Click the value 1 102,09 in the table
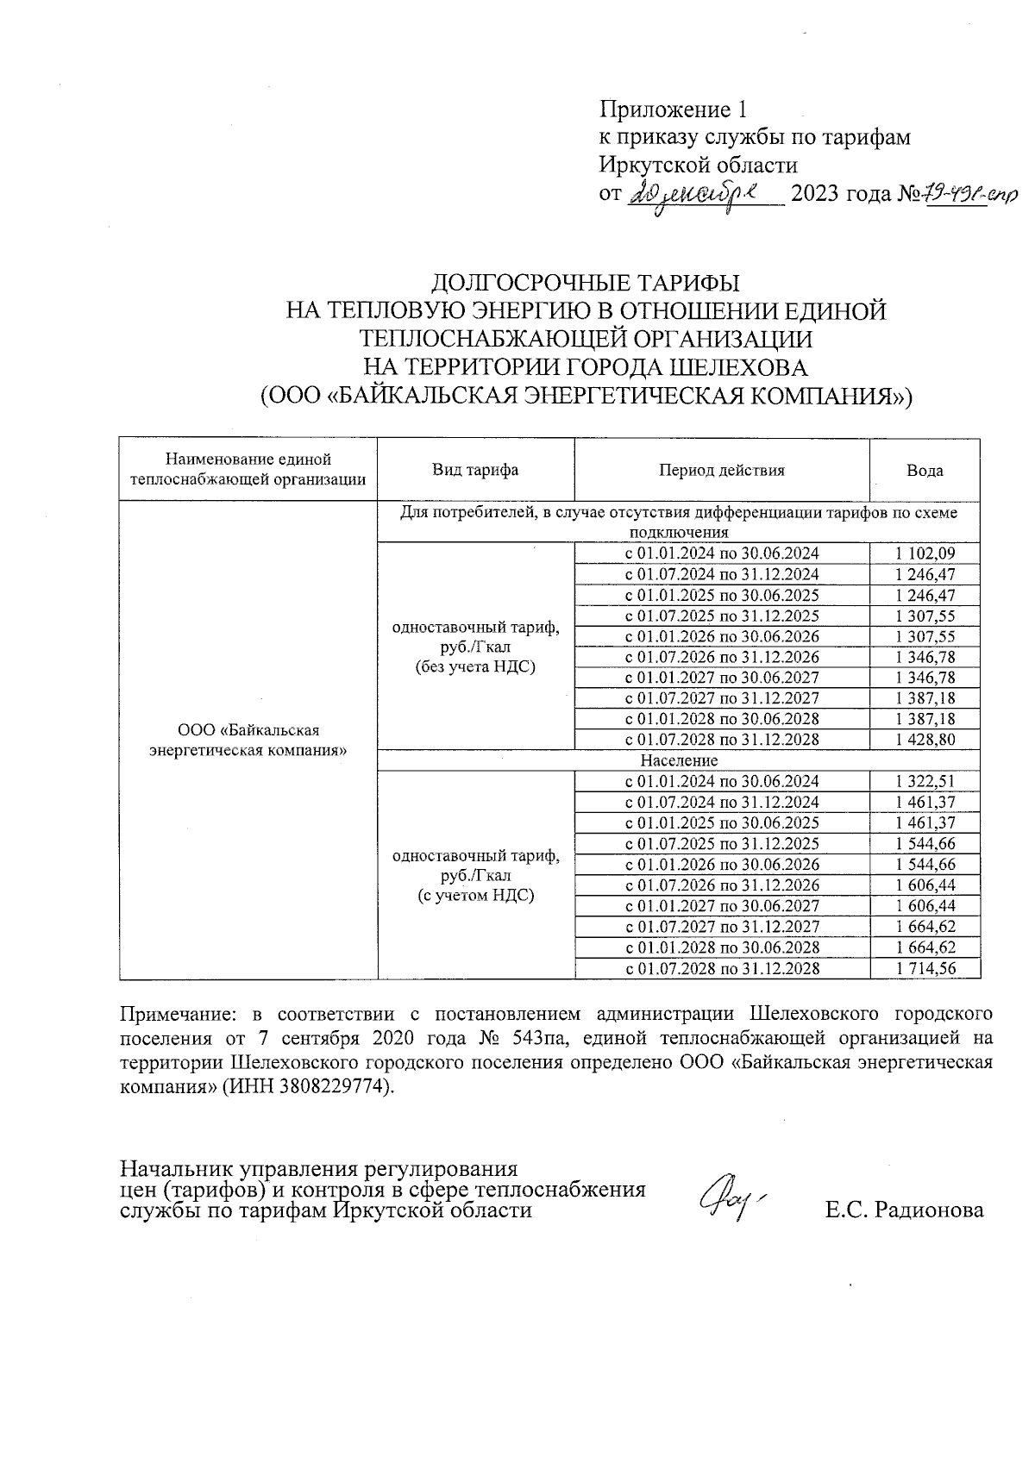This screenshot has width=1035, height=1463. click(925, 553)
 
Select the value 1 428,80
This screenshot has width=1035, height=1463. click(925, 740)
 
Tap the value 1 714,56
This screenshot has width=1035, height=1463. click(925, 968)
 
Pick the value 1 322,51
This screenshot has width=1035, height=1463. click(925, 781)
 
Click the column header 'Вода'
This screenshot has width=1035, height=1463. click(925, 471)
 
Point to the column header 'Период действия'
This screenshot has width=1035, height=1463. click(722, 471)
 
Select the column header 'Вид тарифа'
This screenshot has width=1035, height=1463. click(475, 471)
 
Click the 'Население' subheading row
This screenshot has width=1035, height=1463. click(679, 760)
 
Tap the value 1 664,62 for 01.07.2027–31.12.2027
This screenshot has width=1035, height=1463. click(925, 927)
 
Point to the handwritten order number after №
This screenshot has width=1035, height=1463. click(969, 196)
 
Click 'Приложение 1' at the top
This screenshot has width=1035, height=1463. click(672, 110)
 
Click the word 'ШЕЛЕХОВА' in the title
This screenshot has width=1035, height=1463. click(738, 368)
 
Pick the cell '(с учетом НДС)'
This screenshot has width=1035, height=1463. click(475, 896)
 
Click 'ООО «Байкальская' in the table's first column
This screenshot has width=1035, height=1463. click(248, 731)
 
